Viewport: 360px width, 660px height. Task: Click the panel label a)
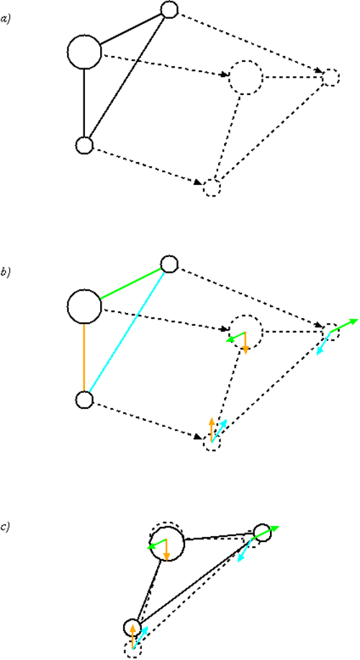coord(5,19)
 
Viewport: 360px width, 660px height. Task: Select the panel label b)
coord(5,273)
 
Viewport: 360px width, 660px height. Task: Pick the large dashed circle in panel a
coord(230,78)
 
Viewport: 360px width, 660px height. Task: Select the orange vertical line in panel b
coord(84,357)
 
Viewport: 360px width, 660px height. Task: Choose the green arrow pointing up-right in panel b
coord(344,326)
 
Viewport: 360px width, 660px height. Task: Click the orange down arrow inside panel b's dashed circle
coord(246,341)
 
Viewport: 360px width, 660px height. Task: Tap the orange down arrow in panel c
coord(167,550)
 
